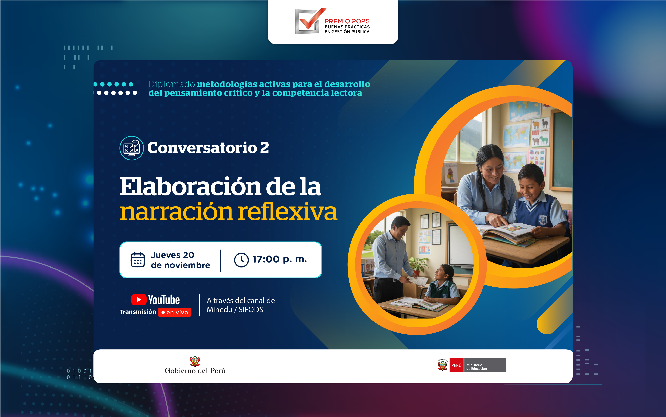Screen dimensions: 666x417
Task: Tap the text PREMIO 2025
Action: tap(347, 21)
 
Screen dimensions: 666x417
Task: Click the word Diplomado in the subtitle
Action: tap(172, 84)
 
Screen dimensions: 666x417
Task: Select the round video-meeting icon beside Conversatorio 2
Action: tap(132, 148)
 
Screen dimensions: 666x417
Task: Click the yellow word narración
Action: tap(177, 212)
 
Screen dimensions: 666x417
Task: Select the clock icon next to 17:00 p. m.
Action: tap(241, 260)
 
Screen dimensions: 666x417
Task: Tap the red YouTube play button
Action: tap(139, 300)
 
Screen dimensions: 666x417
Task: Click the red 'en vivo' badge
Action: tap(175, 312)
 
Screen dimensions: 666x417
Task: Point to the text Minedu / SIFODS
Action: tap(235, 310)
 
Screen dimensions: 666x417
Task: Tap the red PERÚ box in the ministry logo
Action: tap(456, 365)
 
